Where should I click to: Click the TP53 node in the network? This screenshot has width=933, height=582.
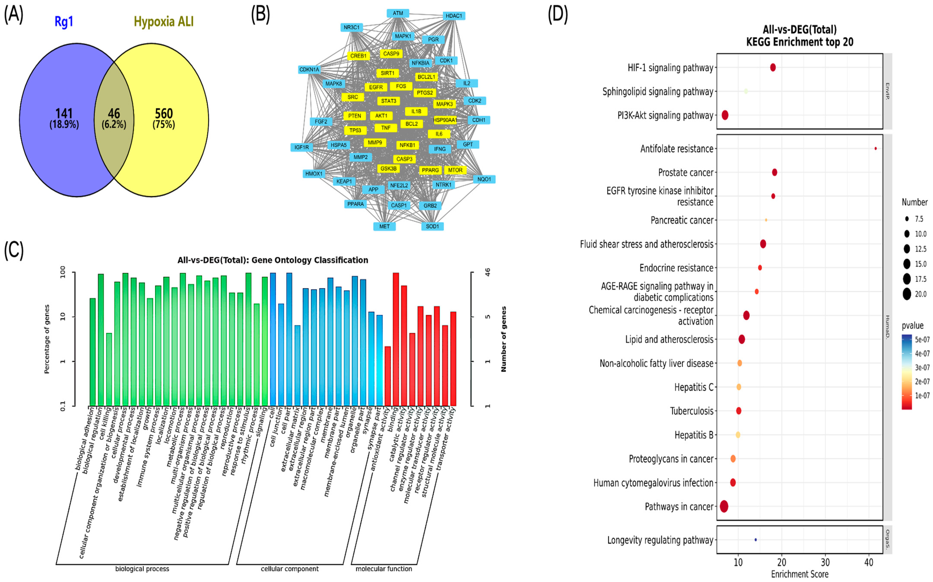355,131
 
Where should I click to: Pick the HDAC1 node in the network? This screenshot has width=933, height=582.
454,16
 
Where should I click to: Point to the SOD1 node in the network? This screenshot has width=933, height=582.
432,226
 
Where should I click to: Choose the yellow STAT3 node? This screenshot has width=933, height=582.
389,101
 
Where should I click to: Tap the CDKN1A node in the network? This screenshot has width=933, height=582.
309,70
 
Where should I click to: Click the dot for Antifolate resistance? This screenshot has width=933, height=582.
876,148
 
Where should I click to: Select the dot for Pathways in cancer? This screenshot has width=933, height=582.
724,507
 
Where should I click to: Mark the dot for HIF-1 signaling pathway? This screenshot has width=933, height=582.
773,68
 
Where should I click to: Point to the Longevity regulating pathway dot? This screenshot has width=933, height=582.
756,540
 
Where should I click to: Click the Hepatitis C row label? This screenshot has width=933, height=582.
694,387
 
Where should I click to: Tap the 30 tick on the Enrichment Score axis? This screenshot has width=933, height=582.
825,563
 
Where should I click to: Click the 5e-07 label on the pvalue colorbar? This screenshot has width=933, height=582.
922,340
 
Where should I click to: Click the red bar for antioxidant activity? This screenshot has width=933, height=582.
388,376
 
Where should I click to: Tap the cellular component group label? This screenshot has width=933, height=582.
290,569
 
